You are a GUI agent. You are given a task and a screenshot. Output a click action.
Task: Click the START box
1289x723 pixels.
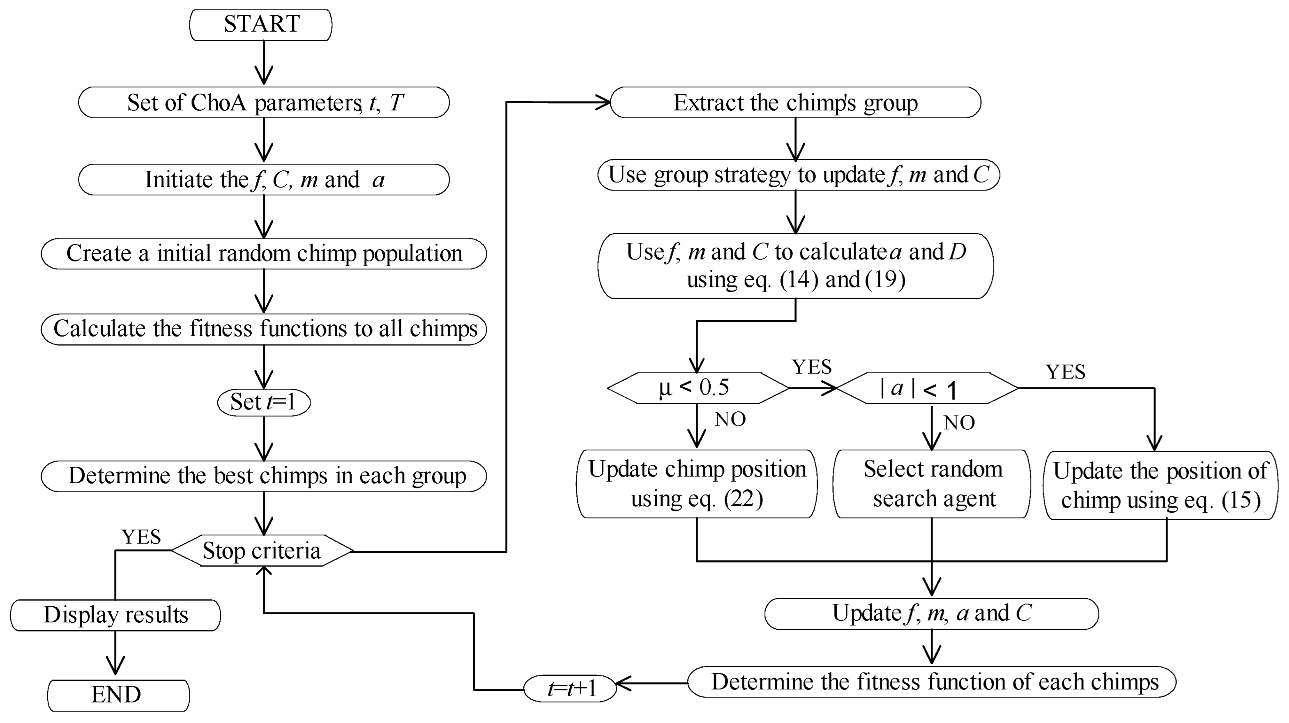pos(261,25)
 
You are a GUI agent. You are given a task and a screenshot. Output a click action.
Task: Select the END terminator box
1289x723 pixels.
pos(118,695)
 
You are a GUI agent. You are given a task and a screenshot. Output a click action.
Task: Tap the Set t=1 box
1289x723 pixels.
pos(264,402)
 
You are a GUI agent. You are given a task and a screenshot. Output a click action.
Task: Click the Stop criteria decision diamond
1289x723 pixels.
pos(262,551)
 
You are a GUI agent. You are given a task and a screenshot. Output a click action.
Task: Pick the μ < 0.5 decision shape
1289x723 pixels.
pos(697,388)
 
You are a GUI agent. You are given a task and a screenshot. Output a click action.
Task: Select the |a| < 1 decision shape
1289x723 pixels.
pos(927,388)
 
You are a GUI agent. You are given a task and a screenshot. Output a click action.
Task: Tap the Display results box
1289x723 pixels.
pos(115,615)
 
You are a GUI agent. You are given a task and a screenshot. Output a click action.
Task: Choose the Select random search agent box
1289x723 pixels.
pos(932,484)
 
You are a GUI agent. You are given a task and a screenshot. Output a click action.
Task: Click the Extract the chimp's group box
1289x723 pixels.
pos(795,103)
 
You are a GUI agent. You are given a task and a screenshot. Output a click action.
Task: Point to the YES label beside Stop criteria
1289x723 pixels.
pos(141,537)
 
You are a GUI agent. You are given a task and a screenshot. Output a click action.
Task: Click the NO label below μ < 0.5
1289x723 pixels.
pos(730,420)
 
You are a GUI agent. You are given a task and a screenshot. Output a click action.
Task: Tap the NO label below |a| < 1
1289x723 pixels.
pos(959,423)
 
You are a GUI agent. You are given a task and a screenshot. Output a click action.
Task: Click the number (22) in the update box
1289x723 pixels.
pos(743,498)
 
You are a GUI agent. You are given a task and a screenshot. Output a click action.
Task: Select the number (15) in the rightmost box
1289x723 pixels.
pos(1241,500)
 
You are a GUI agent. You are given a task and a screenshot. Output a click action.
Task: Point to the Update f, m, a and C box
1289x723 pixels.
pos(931,613)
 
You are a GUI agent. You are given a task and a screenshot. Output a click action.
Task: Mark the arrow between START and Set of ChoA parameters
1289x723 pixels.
pos(264,62)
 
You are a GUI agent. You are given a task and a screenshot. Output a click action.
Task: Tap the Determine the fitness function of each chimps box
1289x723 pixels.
pos(931,682)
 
